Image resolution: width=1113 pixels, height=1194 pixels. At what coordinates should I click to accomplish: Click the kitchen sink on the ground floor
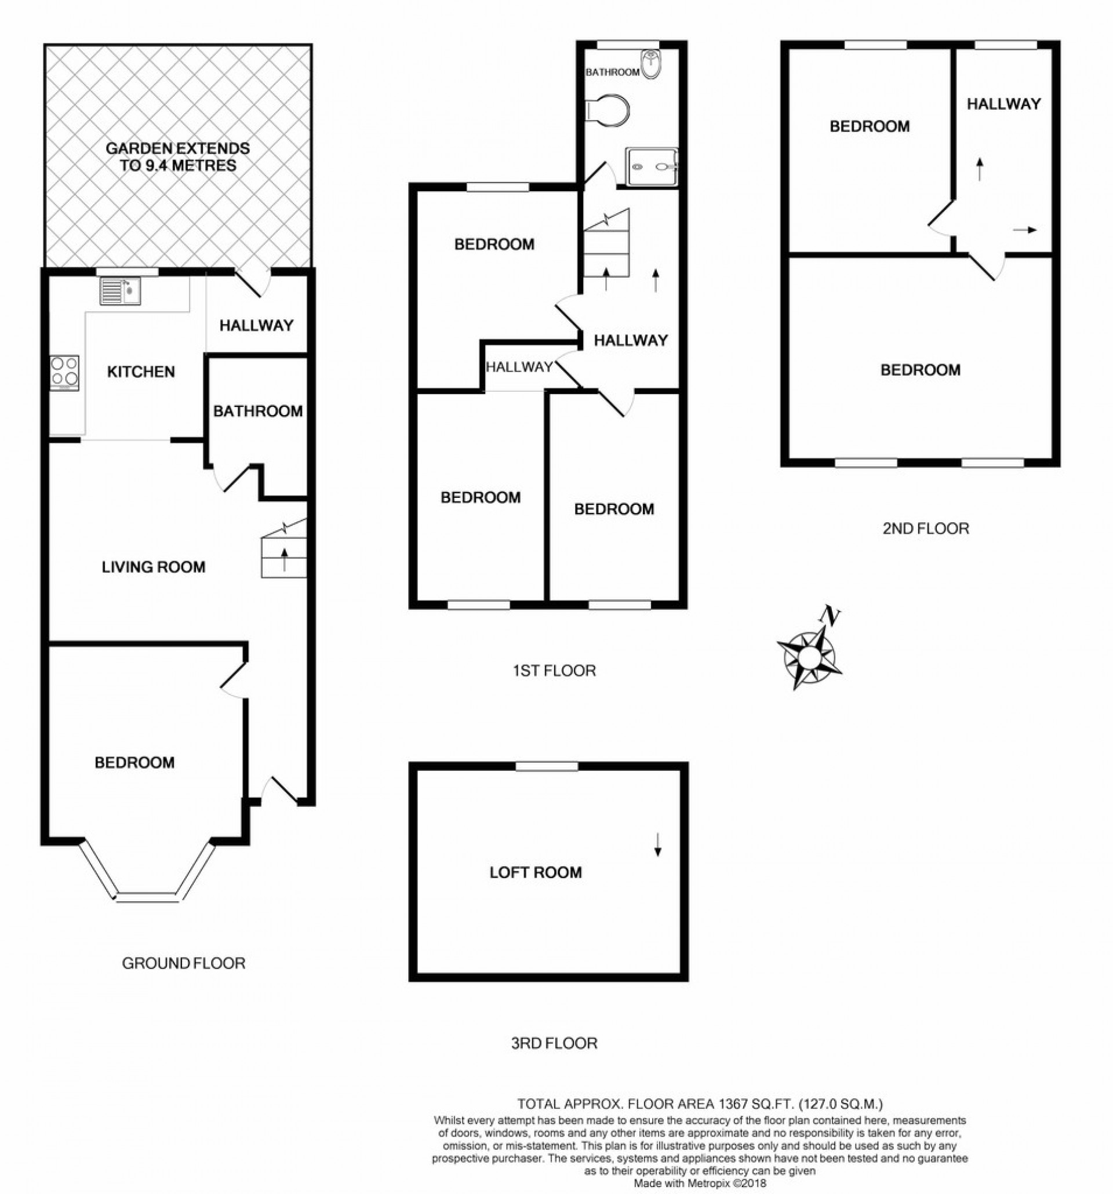pos(119,291)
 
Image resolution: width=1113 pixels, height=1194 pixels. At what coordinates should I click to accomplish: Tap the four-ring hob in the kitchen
pos(64,372)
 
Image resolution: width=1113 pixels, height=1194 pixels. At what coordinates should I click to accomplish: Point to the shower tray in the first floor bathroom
pos(652,166)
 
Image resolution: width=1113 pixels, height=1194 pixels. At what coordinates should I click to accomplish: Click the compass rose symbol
pos(809,657)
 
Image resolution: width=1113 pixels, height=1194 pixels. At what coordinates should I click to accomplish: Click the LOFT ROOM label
pos(535,872)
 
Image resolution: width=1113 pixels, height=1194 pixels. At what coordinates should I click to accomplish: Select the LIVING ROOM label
pos(153,566)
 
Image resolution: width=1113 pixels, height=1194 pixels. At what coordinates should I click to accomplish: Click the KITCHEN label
pos(141,372)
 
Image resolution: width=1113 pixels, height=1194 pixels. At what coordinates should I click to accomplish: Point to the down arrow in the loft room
pos(658,844)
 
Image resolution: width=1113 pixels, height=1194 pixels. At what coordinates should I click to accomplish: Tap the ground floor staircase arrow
pos(284,559)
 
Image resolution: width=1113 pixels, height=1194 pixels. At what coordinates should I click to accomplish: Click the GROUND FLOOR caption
pos(183,963)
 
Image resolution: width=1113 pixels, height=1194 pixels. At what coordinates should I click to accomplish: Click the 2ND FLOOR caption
pos(926,529)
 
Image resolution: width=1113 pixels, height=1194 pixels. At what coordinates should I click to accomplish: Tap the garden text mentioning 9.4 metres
pos(177,156)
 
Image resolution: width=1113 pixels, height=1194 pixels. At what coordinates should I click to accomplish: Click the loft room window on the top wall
pos(547,766)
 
